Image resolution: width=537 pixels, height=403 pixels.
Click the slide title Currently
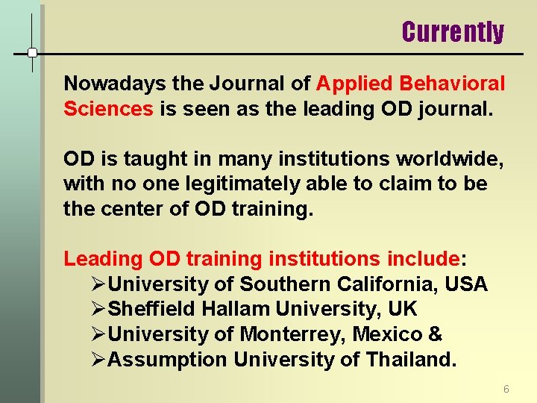[453, 32]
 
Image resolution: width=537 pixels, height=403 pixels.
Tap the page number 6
[506, 389]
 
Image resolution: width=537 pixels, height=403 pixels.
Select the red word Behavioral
[453, 84]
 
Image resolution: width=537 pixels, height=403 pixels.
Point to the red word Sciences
[108, 109]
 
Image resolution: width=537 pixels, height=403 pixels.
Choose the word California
[392, 284]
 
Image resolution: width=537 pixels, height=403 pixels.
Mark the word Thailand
[410, 360]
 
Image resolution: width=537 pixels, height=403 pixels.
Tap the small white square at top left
[32, 53]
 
